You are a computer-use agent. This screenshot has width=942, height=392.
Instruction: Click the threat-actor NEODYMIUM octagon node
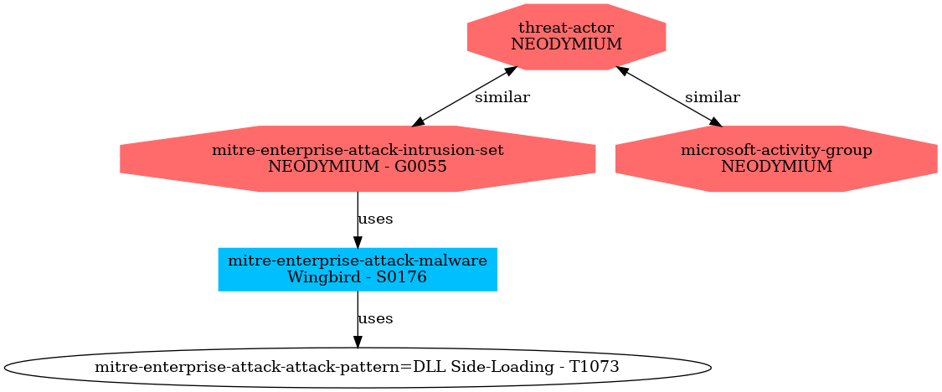567,37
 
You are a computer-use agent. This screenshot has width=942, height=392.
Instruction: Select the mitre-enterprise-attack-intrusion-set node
358,158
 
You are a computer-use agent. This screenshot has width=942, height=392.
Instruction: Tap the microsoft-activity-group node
776,158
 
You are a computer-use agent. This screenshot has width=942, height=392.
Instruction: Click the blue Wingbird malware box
358,270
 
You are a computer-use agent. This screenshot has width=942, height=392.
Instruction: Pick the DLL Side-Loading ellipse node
358,366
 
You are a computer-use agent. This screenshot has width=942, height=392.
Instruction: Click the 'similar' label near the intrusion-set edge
502,97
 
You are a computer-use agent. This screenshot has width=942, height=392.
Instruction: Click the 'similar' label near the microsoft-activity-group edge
713,97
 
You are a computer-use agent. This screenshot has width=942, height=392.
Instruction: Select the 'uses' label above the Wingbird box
375,219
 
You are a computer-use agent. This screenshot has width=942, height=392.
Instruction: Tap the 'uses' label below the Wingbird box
375,318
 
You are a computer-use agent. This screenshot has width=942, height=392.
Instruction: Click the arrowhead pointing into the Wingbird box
358,242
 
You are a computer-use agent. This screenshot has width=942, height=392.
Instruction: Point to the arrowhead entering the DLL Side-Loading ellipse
358,342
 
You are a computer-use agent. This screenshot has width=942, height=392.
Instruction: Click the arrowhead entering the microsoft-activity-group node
715,122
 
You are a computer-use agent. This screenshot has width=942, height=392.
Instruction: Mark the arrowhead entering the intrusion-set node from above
418,122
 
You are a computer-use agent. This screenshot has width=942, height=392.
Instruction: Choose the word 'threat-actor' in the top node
567,28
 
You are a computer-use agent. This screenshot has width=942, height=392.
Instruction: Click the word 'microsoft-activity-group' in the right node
776,150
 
